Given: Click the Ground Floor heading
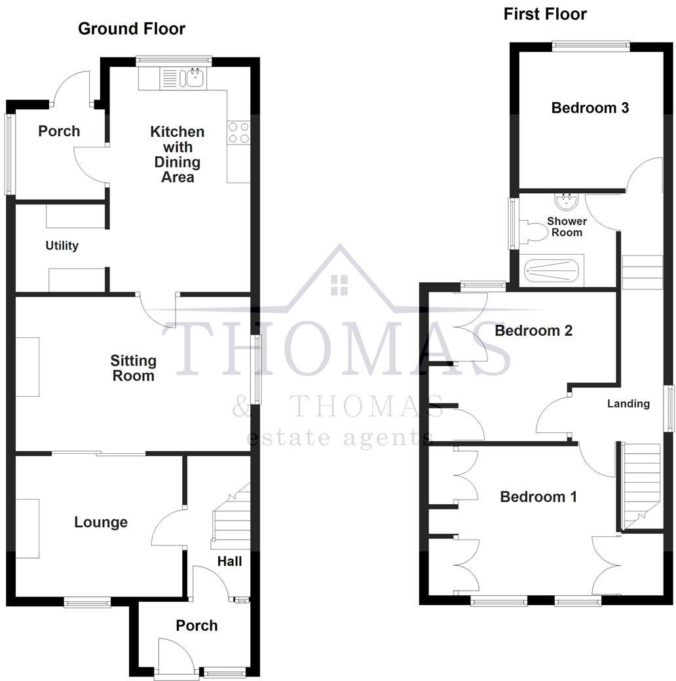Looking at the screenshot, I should click(x=131, y=29).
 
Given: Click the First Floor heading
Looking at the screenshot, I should click(x=544, y=14).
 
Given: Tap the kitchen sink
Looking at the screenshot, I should click(x=195, y=78).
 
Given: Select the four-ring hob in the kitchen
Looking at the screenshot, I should click(x=238, y=133).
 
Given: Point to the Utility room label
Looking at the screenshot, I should click(x=62, y=246).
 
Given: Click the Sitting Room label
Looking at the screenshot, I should click(x=133, y=368).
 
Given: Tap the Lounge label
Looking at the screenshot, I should click(x=100, y=523).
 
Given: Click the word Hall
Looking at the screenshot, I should click(x=230, y=561).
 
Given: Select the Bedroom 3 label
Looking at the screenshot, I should click(x=590, y=108).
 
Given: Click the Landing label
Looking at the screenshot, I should click(x=628, y=403).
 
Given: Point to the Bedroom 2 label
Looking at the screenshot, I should click(x=533, y=331).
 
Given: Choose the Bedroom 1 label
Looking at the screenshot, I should click(x=538, y=497).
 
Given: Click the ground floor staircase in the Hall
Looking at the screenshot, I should click(x=231, y=517).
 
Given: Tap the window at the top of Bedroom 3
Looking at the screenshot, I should click(x=590, y=45).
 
